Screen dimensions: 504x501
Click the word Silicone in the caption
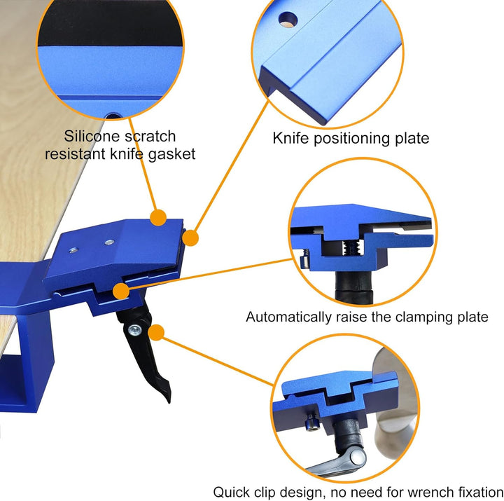coord(91,136)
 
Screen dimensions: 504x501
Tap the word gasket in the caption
coord(171,154)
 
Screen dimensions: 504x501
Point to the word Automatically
coord(288,317)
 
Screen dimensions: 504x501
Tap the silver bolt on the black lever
coord(134,330)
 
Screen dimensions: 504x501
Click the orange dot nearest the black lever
coord(157,332)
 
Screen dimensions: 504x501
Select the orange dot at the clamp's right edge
coord(190,238)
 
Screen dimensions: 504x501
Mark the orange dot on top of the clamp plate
coord(158,217)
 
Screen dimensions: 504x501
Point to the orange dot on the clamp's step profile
coord(121,291)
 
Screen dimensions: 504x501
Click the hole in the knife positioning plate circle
coord(288,20)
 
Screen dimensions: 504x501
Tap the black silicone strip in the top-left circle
coord(110,23)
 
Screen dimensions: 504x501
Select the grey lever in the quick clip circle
coord(337,462)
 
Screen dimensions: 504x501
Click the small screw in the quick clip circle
coord(312,422)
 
